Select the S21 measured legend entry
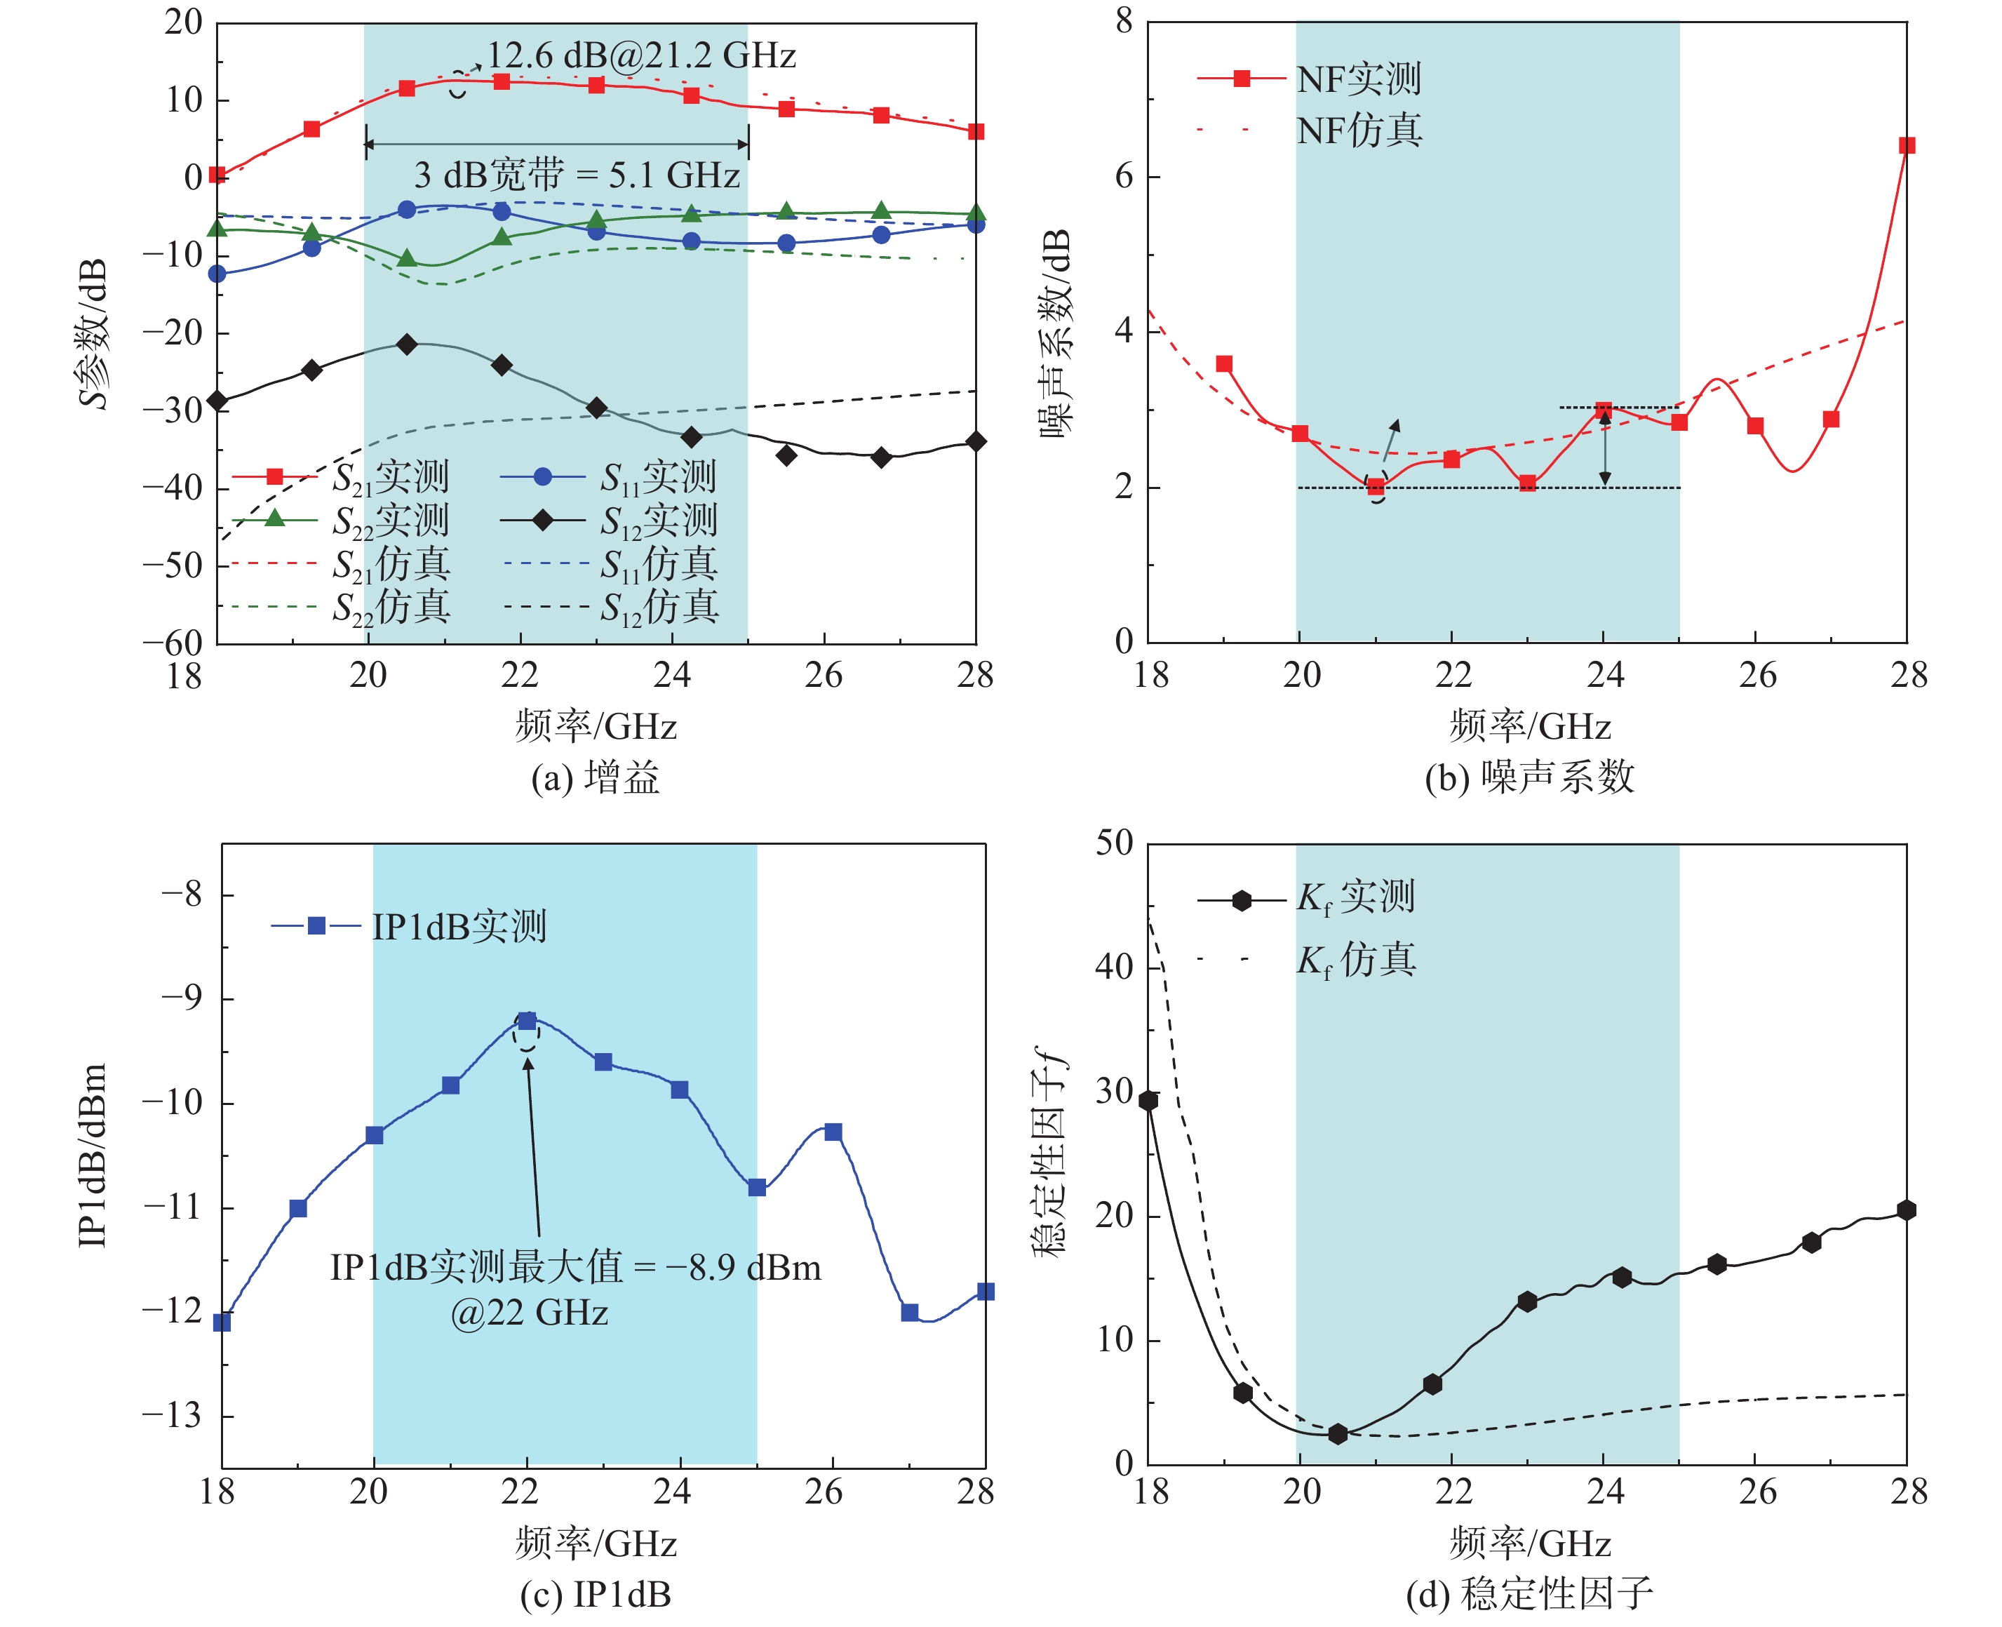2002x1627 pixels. [342, 477]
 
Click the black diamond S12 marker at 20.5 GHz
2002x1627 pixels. [407, 345]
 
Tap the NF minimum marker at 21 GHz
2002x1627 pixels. [1376, 486]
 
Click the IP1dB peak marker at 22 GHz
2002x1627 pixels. [528, 1021]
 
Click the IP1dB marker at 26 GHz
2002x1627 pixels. [833, 1132]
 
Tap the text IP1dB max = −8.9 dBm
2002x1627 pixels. [575, 1268]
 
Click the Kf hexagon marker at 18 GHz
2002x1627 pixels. [1148, 1100]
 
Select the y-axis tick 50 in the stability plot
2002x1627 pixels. [1115, 843]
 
